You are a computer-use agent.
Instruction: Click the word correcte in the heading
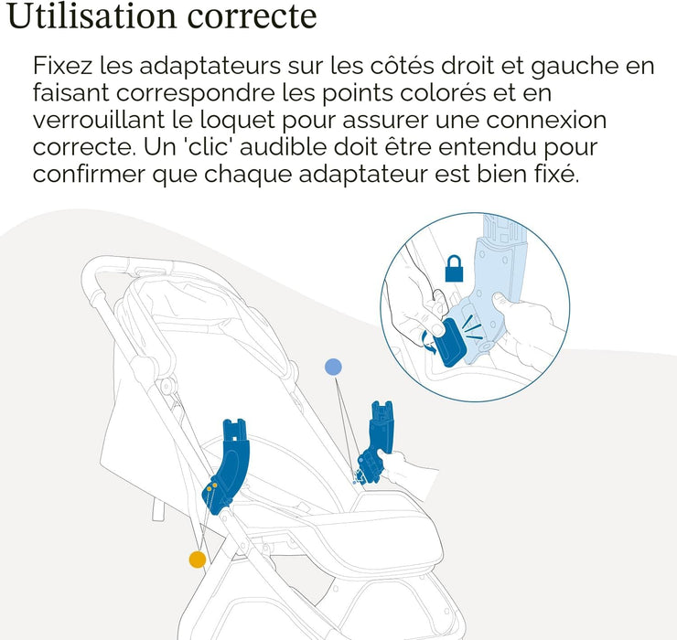click(253, 17)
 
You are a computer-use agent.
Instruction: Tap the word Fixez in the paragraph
click(62, 66)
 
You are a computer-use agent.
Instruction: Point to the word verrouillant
click(99, 120)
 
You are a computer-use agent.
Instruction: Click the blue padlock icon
click(454, 268)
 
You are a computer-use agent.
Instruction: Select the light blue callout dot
click(333, 368)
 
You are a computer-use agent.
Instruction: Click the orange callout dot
click(198, 560)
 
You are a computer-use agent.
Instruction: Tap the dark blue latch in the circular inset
click(449, 343)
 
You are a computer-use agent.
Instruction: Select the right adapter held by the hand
click(375, 442)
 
